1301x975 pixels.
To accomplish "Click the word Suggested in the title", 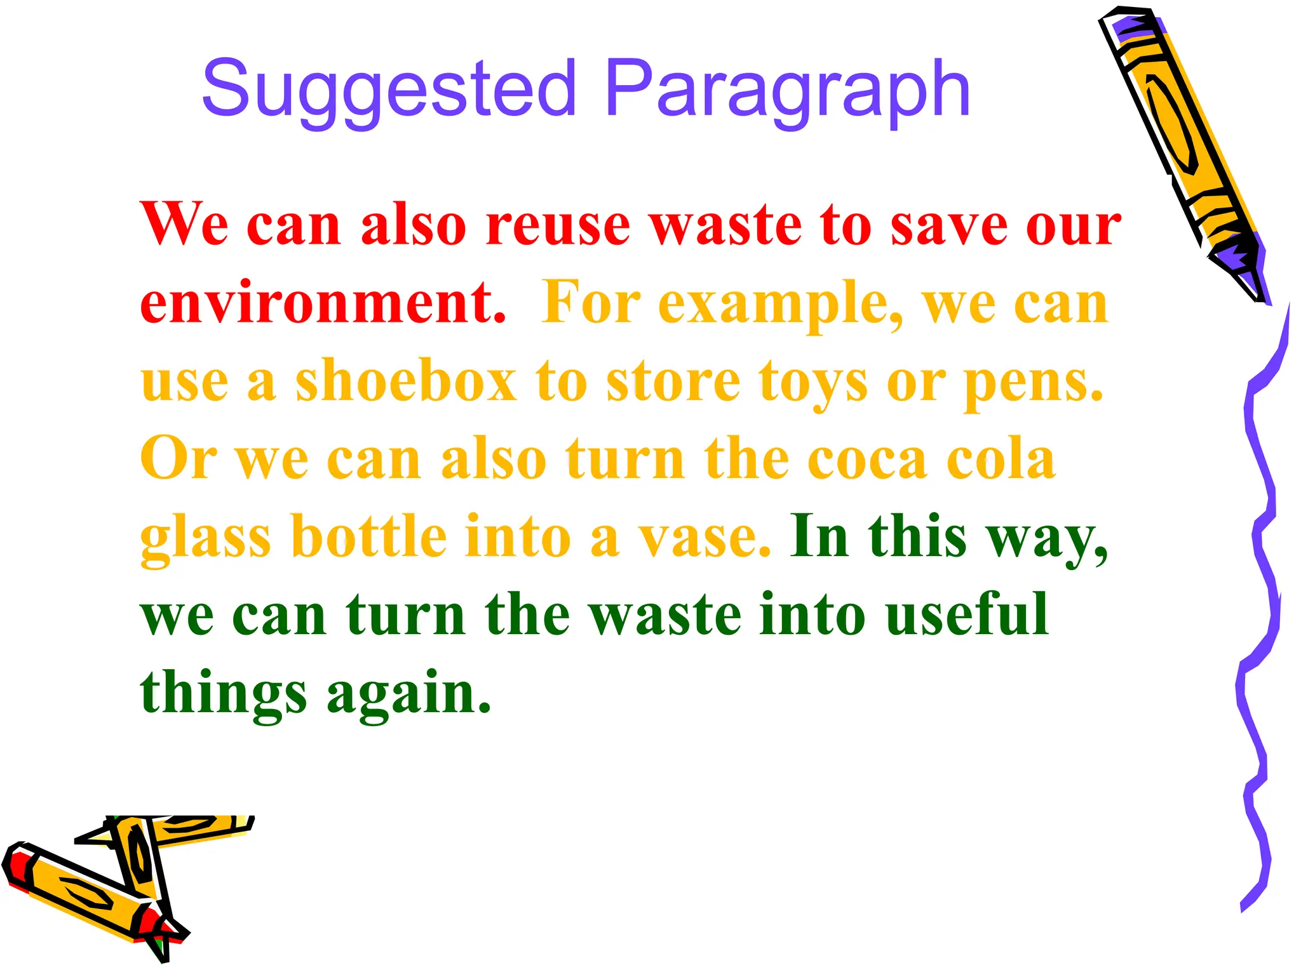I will [x=389, y=89].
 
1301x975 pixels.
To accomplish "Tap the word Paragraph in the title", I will [x=788, y=89].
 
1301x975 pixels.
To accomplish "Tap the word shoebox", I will [x=407, y=381].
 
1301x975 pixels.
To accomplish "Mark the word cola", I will [x=1001, y=458].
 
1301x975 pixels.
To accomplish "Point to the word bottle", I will [x=368, y=536].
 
